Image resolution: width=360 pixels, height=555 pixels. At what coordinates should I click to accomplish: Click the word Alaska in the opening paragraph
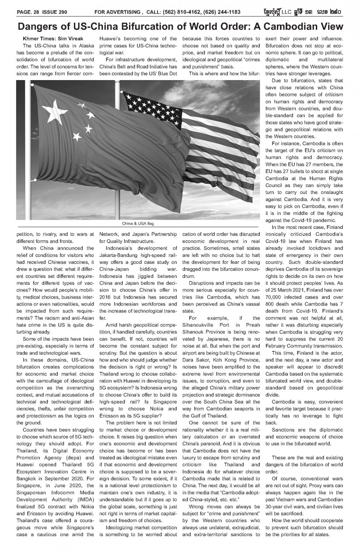pos(84,46)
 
